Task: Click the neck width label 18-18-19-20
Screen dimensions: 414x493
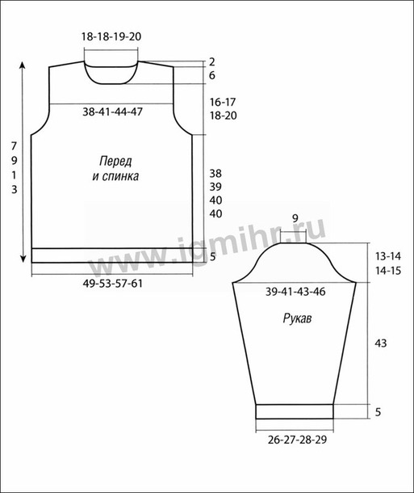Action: point(111,36)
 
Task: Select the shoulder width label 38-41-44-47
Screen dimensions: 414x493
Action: point(112,112)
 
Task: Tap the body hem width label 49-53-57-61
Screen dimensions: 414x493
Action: point(113,284)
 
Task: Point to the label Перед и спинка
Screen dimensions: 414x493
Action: point(115,169)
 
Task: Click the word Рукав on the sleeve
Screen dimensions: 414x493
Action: point(297,318)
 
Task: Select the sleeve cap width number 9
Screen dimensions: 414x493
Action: point(295,218)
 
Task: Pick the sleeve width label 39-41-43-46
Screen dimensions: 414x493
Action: point(295,292)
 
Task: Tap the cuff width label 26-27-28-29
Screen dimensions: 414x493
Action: point(297,439)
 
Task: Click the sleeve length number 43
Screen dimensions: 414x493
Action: point(381,343)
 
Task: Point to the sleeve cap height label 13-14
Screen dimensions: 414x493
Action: point(388,256)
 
